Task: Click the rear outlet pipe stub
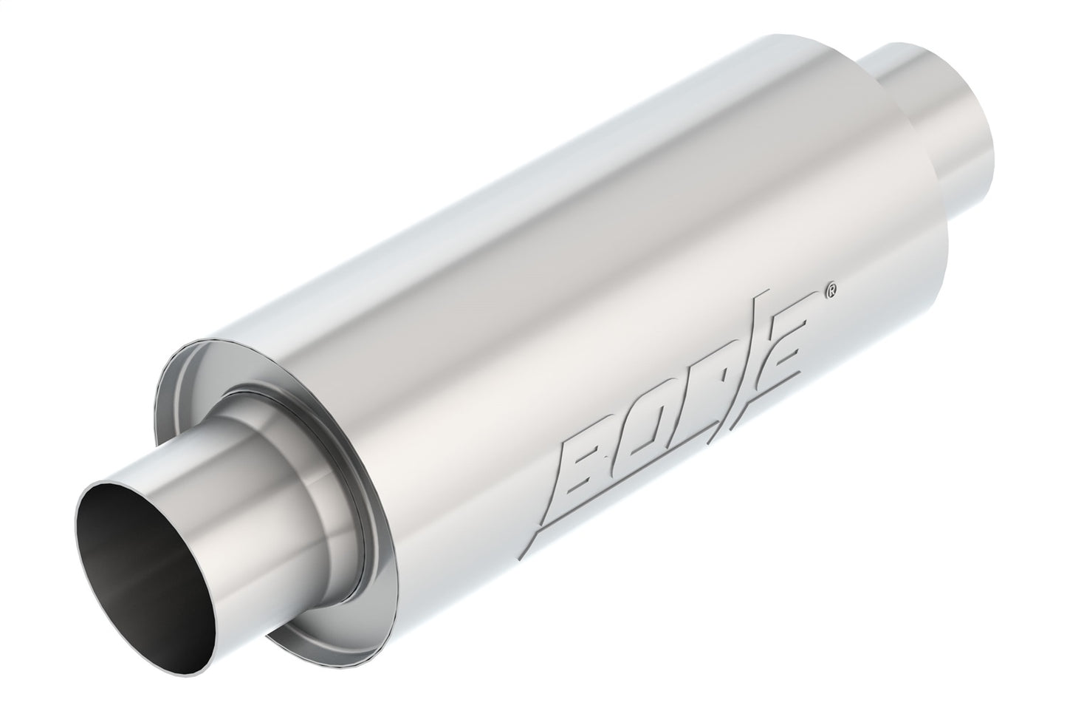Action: pos(938,140)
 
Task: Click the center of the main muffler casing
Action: pos(561,310)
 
